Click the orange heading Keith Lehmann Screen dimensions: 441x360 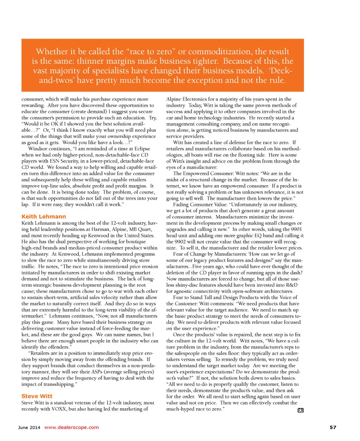pyautogui.click(x=44, y=216)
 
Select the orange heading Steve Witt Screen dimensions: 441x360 pyautogui.click(x=37, y=396)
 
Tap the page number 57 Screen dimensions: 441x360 pyautogui.click(x=333, y=427)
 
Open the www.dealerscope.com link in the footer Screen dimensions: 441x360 pyautogui.click(x=72, y=427)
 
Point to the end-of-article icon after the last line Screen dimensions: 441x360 pyautogui.click(x=300, y=410)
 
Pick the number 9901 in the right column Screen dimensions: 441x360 pyautogui.click(x=296, y=229)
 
